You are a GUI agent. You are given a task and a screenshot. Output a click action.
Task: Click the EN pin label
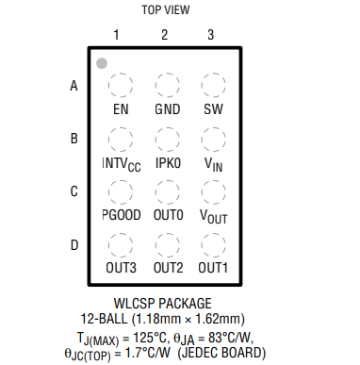click(120, 108)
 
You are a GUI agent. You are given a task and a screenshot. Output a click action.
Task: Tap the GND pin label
click(167, 108)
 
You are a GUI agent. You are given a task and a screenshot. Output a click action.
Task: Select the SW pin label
click(213, 108)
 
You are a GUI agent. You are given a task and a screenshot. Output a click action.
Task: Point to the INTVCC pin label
click(122, 163)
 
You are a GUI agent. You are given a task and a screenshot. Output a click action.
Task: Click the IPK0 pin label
click(167, 162)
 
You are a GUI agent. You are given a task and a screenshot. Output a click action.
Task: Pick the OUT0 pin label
click(168, 215)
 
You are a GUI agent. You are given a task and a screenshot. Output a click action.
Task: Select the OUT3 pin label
click(121, 268)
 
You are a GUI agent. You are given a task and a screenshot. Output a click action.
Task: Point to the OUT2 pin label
click(168, 268)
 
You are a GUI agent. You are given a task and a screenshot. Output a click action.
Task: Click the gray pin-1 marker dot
click(101, 64)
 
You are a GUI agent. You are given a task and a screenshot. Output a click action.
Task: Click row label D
click(74, 246)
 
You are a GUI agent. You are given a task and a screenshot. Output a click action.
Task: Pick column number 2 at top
click(164, 35)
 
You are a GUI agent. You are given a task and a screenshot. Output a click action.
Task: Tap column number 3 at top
click(211, 35)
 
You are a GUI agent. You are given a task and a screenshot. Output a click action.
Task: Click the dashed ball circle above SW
click(213, 86)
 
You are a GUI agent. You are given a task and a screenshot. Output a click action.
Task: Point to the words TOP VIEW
click(165, 9)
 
